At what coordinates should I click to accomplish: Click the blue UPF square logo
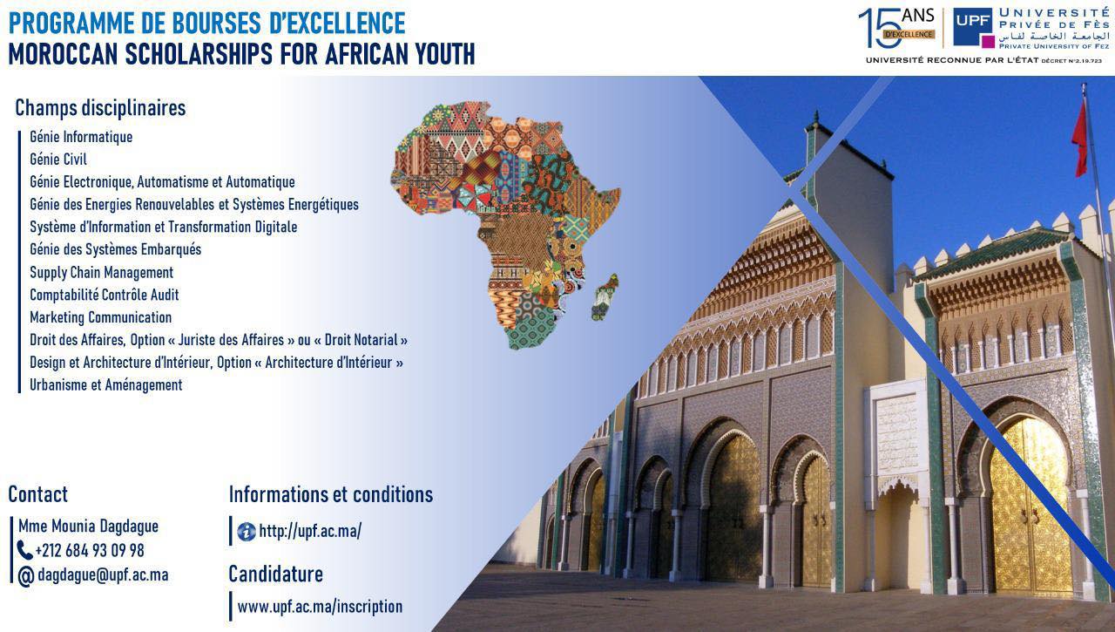click(x=973, y=27)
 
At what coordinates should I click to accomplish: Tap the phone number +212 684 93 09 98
click(x=90, y=550)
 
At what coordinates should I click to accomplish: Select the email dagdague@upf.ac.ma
click(x=103, y=575)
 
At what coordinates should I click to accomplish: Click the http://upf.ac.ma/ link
click(x=310, y=532)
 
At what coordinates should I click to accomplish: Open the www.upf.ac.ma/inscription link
click(x=320, y=607)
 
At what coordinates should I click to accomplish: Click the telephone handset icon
click(x=25, y=550)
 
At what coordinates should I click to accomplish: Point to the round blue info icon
click(x=247, y=532)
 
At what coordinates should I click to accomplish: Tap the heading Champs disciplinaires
click(x=100, y=108)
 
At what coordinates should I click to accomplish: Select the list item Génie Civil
click(x=58, y=160)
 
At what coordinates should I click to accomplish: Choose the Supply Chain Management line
click(x=102, y=273)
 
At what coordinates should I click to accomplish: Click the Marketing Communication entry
click(x=100, y=317)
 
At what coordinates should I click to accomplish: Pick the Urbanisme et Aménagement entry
click(x=106, y=385)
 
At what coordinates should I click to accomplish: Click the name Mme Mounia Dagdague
click(x=89, y=526)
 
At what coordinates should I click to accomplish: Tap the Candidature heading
click(x=276, y=574)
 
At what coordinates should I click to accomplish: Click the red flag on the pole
click(x=1079, y=139)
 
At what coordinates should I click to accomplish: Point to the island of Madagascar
click(x=605, y=297)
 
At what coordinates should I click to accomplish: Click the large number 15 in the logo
click(x=880, y=29)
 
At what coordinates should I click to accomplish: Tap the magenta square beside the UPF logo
click(x=988, y=42)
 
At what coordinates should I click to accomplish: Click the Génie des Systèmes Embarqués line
click(x=116, y=249)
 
